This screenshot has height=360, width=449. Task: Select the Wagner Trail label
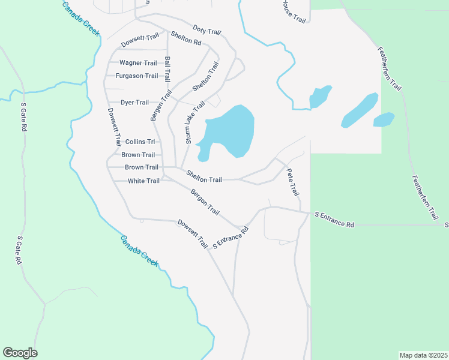(x=138, y=63)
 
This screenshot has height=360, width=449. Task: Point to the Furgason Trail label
(x=137, y=76)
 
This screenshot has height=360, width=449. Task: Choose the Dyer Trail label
(x=134, y=103)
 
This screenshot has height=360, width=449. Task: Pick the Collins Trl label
(x=140, y=142)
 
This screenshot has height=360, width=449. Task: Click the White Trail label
(x=144, y=181)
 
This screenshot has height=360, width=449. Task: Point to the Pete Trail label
(x=292, y=182)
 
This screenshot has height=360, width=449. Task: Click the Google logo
(x=20, y=353)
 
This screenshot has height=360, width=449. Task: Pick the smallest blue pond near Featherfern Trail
(x=384, y=119)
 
